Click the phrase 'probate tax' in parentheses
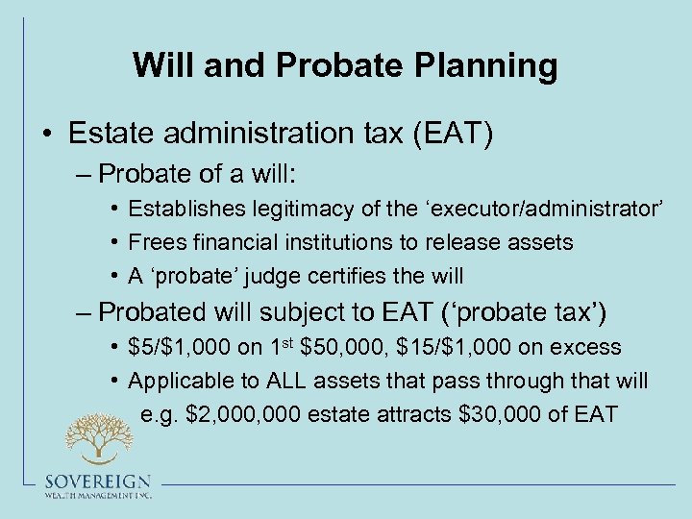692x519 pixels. pos(538,312)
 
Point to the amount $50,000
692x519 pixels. pos(338,347)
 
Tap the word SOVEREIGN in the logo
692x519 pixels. pos(97,482)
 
